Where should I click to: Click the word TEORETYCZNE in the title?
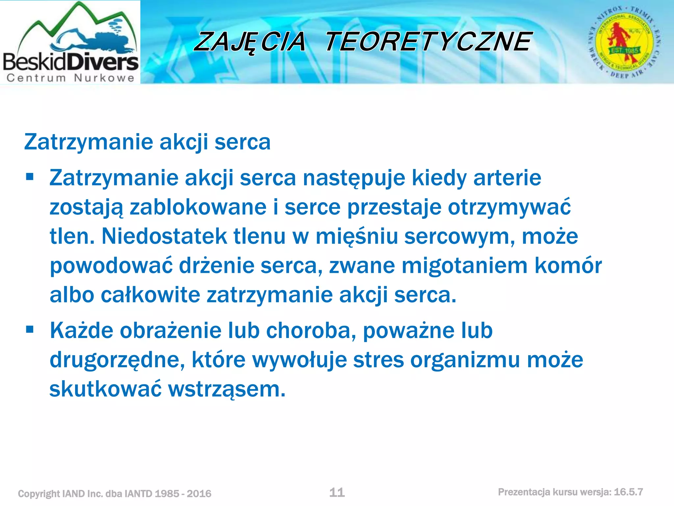pyautogui.click(x=428, y=42)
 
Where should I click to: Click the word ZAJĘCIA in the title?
pyautogui.click(x=250, y=42)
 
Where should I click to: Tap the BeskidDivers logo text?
pyautogui.click(x=70, y=62)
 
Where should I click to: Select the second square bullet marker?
pyautogui.click(x=30, y=329)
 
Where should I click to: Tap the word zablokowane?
pyautogui.click(x=198, y=207)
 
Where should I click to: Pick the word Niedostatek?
pyautogui.click(x=164, y=236)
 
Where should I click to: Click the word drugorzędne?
pyautogui.click(x=117, y=360)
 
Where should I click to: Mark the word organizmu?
pyautogui.click(x=465, y=360)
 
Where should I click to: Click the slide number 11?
pyautogui.click(x=337, y=492)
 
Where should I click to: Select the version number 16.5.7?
pyautogui.click(x=628, y=492)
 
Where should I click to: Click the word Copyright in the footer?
pyautogui.click(x=39, y=494)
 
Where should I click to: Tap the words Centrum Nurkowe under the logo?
pyautogui.click(x=70, y=78)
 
